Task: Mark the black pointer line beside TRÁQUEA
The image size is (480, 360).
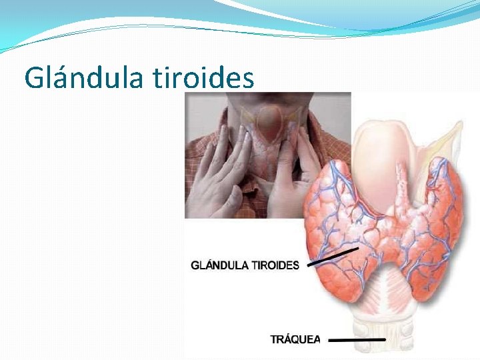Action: (357, 340)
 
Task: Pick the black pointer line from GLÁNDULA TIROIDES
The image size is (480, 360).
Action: (333, 257)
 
